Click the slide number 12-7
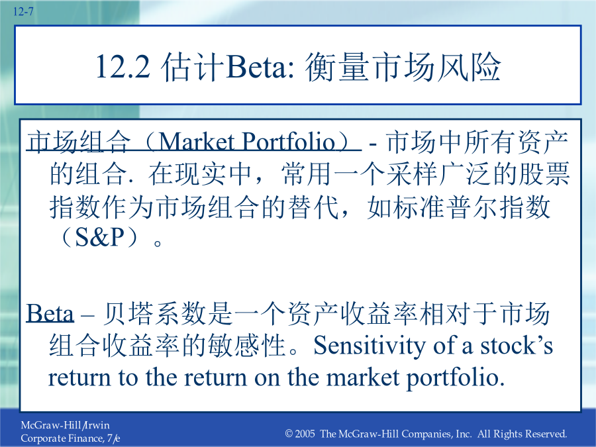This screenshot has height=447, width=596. click(x=23, y=12)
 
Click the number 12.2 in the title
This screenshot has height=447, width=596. click(x=123, y=67)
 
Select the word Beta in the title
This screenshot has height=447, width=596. click(x=256, y=67)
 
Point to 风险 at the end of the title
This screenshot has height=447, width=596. click(x=468, y=67)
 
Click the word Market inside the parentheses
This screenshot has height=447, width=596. click(x=196, y=142)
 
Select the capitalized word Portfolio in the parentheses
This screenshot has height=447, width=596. click(x=289, y=142)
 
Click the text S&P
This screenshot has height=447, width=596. click(x=100, y=237)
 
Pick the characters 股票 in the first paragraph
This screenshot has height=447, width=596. click(x=545, y=174)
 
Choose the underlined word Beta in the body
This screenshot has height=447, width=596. click(x=50, y=314)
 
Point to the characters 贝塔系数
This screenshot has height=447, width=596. click(x=154, y=314)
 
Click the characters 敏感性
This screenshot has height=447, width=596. click(x=247, y=346)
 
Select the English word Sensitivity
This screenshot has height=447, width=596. click(x=370, y=346)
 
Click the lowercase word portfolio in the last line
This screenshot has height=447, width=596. click(x=456, y=379)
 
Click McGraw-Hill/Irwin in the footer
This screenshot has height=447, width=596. click(x=65, y=425)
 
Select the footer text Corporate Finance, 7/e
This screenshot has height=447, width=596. click(x=70, y=438)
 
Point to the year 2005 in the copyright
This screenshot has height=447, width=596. click(x=305, y=434)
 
